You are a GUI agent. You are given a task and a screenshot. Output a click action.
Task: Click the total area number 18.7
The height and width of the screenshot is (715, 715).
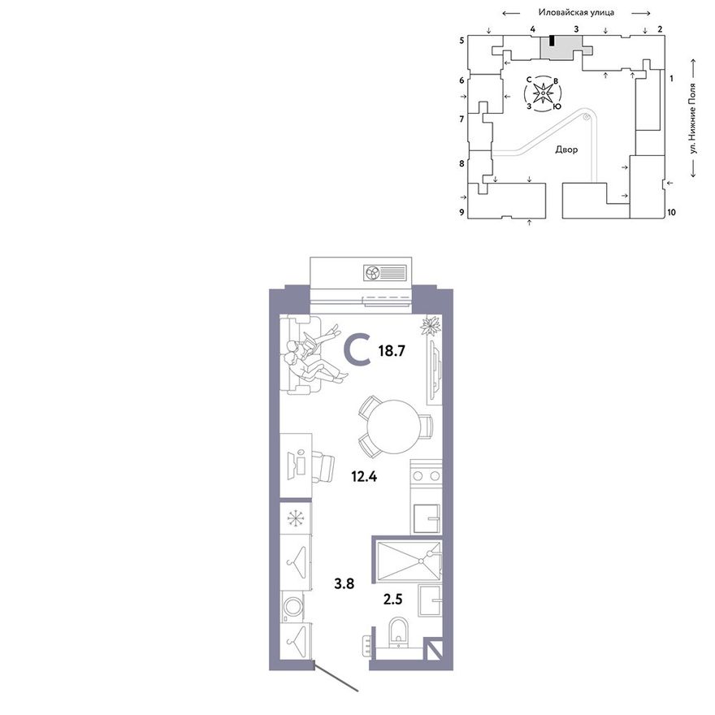click(x=392, y=351)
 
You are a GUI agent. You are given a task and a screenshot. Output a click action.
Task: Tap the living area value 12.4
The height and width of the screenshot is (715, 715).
click(x=364, y=477)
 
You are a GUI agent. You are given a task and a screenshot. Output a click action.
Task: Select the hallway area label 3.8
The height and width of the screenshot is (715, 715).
click(x=344, y=583)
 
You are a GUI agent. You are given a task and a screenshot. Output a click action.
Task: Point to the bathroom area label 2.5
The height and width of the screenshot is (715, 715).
click(x=392, y=599)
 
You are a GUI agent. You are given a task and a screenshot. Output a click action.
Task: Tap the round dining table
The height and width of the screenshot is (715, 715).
click(x=394, y=427)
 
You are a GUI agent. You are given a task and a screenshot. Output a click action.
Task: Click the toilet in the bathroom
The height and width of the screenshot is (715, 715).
click(x=399, y=632)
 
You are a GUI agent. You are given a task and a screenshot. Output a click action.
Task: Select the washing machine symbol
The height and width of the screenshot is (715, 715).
click(x=292, y=607)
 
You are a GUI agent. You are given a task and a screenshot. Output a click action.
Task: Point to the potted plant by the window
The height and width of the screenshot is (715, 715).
click(x=430, y=326)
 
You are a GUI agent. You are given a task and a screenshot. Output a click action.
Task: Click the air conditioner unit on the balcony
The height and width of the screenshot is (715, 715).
click(x=385, y=273)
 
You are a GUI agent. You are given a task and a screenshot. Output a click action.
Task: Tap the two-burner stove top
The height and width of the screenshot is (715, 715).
click(x=426, y=476)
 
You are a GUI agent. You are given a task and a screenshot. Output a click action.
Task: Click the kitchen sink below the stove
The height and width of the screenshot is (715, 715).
click(x=427, y=518)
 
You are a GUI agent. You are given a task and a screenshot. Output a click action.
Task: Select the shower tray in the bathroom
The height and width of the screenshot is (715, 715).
click(x=409, y=561)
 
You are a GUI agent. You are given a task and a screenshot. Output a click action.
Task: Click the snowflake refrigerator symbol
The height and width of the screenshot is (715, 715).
click(x=296, y=518)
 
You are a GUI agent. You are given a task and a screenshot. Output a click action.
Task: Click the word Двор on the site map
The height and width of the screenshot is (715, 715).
click(x=566, y=149)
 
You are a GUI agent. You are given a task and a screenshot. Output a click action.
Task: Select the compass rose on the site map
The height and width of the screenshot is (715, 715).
click(x=543, y=93)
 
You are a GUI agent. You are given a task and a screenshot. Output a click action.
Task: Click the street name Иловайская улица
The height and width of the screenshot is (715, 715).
click(x=576, y=13)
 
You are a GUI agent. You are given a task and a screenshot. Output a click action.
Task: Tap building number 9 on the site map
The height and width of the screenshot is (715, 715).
click(x=462, y=212)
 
